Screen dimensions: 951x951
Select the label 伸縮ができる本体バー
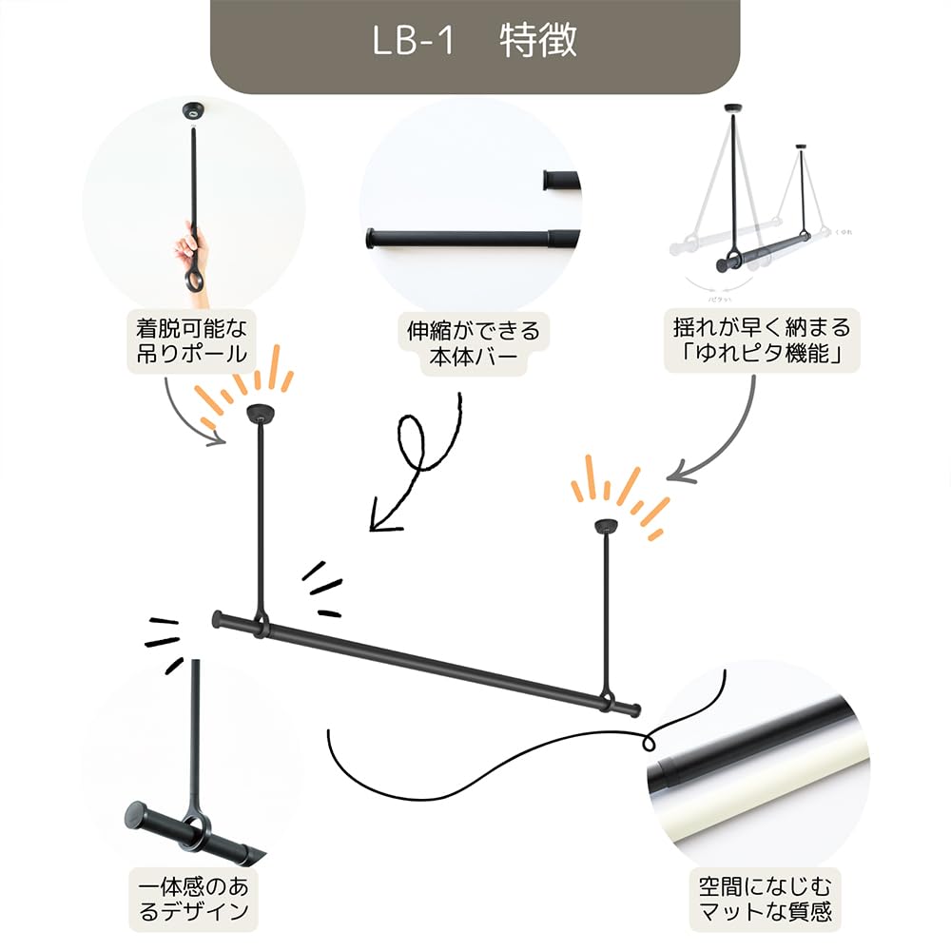(x=473, y=342)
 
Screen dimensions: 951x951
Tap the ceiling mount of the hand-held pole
(x=193, y=112)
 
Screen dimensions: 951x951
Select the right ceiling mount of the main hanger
(x=604, y=527)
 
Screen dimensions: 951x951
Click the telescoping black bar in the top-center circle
(x=466, y=238)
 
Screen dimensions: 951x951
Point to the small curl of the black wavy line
(x=651, y=739)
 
